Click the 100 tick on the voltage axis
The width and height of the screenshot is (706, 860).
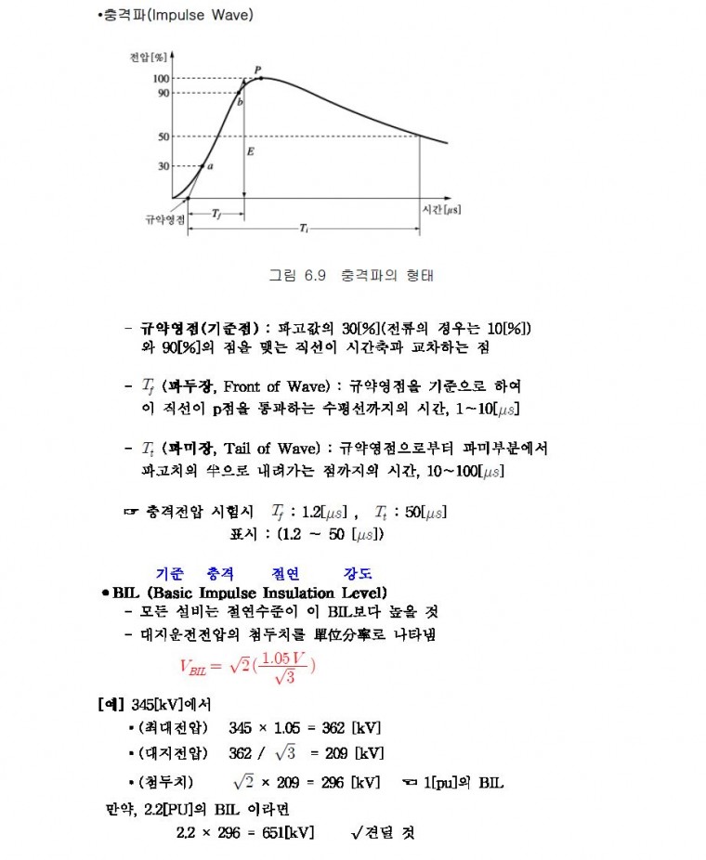click(162, 78)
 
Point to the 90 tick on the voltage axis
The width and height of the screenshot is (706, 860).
click(163, 92)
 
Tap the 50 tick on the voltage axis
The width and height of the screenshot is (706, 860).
click(163, 137)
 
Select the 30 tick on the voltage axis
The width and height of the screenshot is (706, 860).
click(163, 166)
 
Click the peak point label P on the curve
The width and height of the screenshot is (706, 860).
click(257, 70)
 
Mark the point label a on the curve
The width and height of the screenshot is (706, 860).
click(210, 166)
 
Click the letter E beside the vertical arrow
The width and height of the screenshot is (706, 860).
click(251, 150)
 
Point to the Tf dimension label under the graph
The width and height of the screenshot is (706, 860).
click(216, 214)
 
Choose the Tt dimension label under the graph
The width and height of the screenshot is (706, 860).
click(304, 228)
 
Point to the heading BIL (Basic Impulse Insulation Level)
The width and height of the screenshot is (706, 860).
click(250, 593)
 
